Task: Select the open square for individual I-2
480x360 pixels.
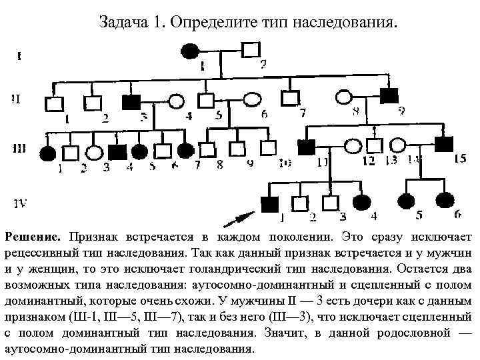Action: [251, 51]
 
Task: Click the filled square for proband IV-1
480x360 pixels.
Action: [269, 203]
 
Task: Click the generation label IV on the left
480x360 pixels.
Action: [19, 203]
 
